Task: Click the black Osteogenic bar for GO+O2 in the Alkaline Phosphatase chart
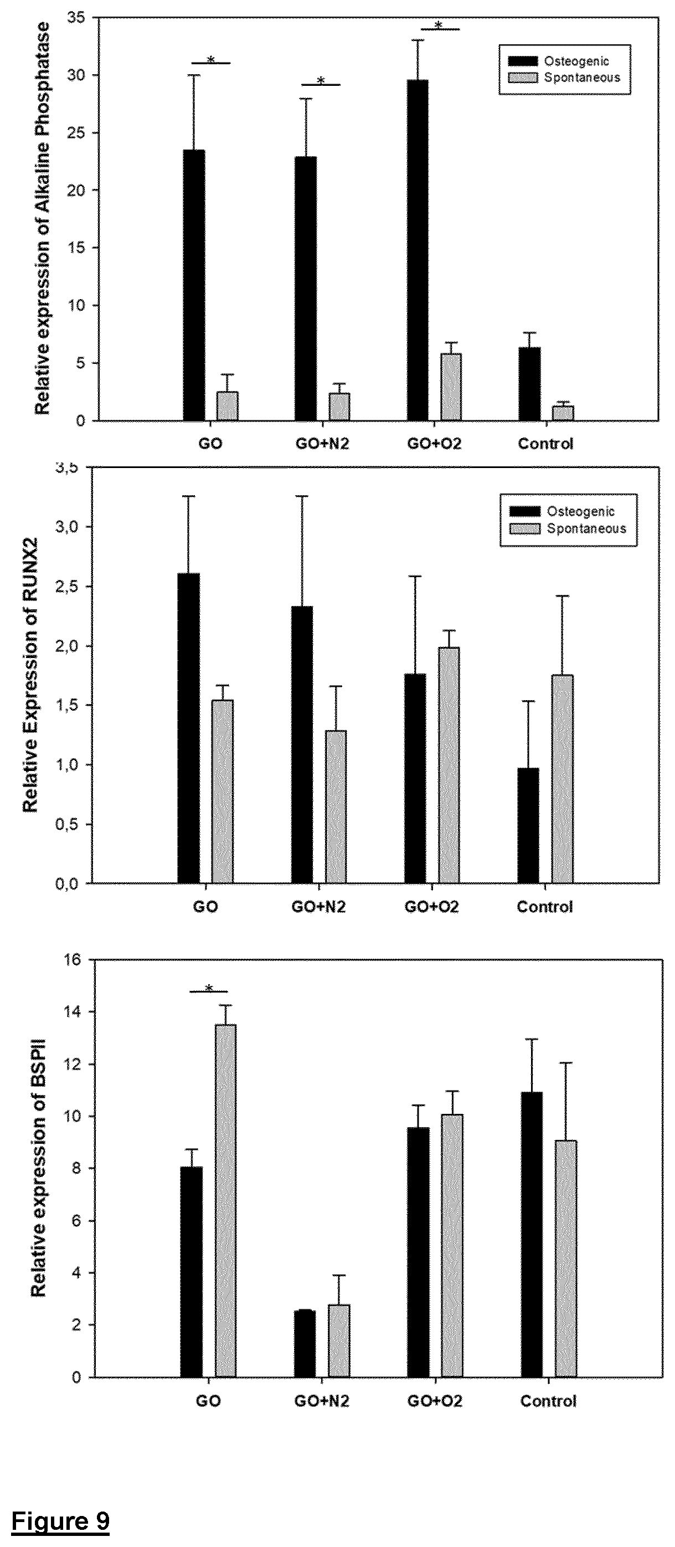coord(418,250)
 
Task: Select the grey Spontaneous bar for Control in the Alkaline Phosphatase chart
coord(563,413)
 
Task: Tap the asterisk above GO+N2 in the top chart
coord(321,80)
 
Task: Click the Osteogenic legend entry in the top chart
coord(559,61)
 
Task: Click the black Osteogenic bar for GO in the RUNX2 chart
coord(189,728)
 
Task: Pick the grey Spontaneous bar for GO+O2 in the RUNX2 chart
coord(449,765)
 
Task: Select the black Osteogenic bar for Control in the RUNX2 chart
coord(528,826)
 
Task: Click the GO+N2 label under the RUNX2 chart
coord(318,907)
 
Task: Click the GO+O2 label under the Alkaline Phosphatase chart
coord(434,444)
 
